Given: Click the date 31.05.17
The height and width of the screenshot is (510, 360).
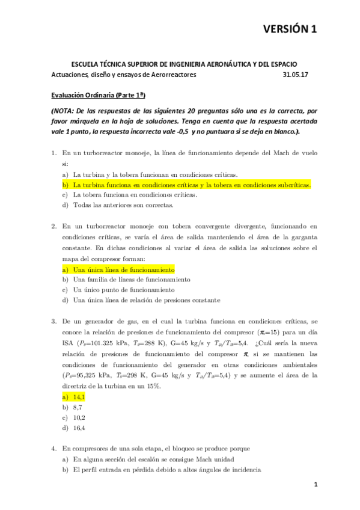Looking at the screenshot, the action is tap(295, 75).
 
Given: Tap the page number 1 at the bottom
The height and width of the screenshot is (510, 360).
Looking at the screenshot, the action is tap(314, 484).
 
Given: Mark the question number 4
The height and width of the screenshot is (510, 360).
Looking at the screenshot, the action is tap(53, 448).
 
